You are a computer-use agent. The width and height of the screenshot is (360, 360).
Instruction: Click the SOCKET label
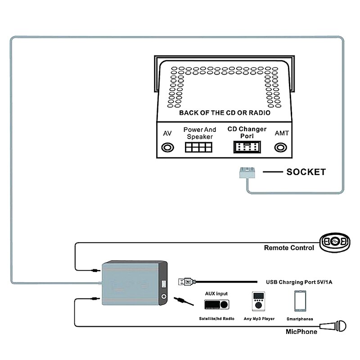[x=306, y=172]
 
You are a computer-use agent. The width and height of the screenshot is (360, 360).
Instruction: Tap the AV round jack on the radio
[x=168, y=148]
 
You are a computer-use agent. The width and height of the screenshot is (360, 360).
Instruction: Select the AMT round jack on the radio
[x=282, y=148]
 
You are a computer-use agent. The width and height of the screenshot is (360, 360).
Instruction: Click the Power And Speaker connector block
[x=198, y=148]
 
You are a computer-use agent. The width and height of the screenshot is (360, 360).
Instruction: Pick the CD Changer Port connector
[x=246, y=148]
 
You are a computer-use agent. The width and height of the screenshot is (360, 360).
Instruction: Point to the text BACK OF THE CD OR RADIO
[x=225, y=113]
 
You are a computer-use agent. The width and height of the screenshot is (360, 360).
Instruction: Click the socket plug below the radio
[x=246, y=173]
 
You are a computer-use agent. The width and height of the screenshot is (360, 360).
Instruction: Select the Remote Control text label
[x=289, y=248]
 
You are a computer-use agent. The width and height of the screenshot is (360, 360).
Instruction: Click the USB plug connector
[x=187, y=282]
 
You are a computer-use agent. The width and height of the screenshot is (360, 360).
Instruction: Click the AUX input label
[x=216, y=293]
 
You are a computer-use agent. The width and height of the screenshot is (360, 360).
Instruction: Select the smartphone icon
[x=300, y=301]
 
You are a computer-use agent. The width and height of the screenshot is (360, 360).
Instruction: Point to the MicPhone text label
[x=301, y=332]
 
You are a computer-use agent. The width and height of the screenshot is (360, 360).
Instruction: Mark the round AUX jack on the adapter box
[x=164, y=297]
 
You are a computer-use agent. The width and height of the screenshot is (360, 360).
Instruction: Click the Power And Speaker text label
[x=200, y=133]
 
